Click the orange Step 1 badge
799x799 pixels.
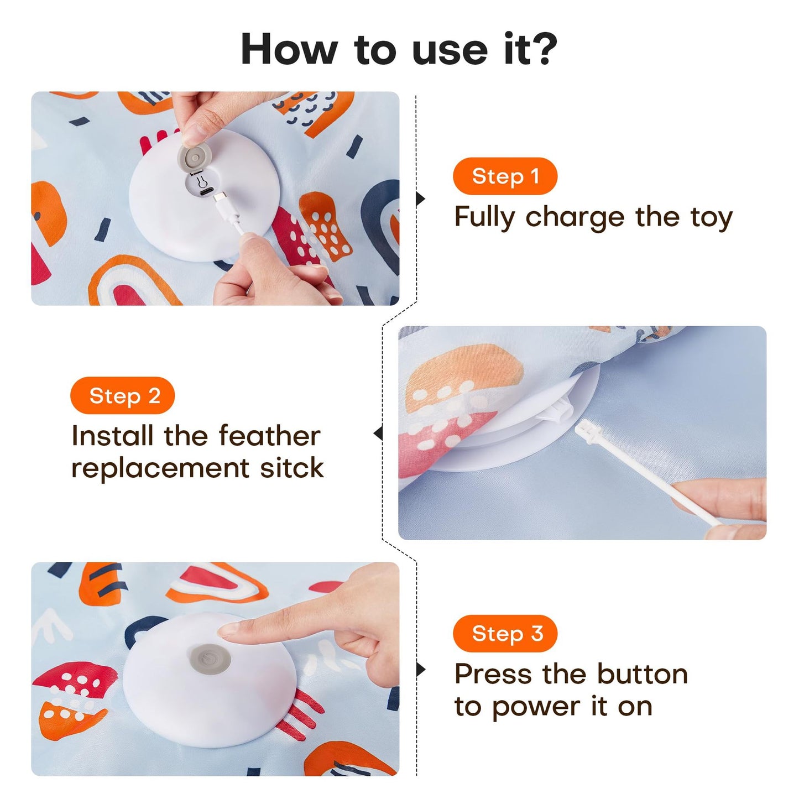pyautogui.click(x=505, y=176)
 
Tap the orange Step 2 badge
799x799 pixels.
pyautogui.click(x=122, y=396)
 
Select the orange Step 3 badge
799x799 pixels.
pyautogui.click(x=505, y=634)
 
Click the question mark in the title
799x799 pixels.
pyautogui.click(x=540, y=49)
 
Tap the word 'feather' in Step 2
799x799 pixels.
pyautogui.click(x=269, y=436)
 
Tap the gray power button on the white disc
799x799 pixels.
pyautogui.click(x=209, y=659)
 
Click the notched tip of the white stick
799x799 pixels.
pyautogui.click(x=582, y=426)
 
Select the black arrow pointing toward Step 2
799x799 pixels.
pyautogui.click(x=378, y=434)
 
